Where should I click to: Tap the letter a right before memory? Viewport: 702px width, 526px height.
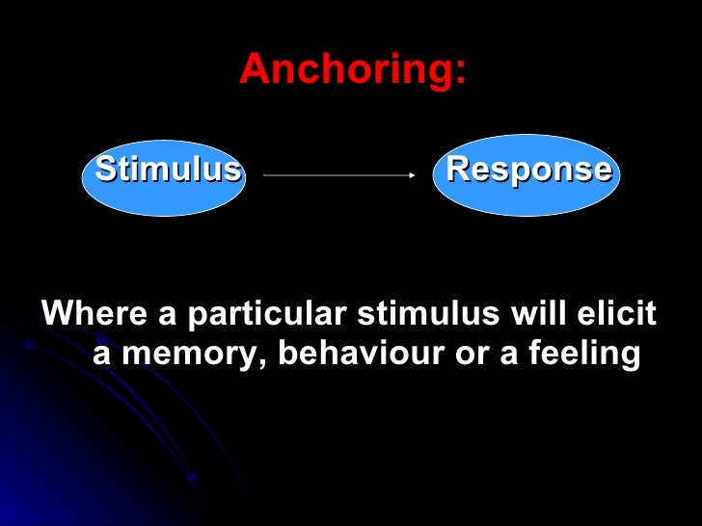tap(102, 355)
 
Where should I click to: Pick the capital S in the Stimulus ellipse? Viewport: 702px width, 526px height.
tap(105, 170)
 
